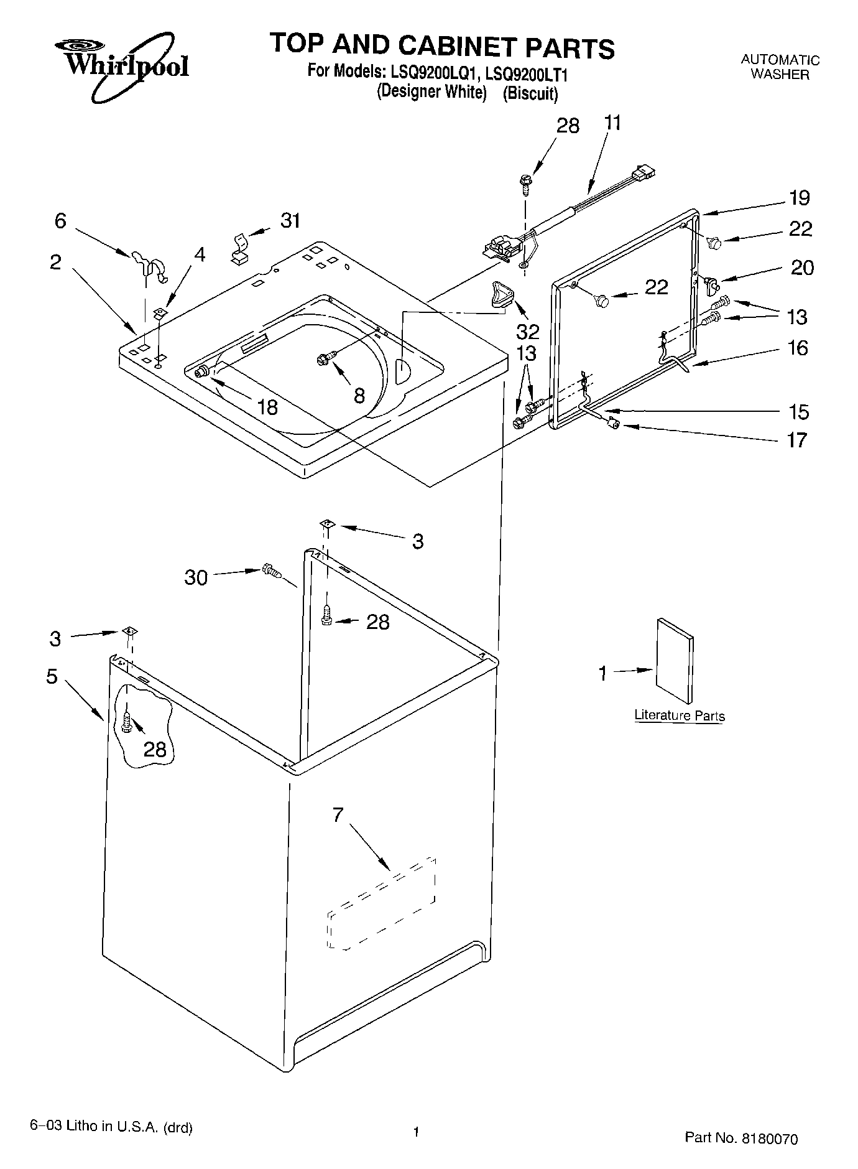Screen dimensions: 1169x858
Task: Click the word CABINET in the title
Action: click(x=458, y=47)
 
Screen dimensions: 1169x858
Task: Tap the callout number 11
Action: click(x=612, y=123)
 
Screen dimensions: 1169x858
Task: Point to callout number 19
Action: click(x=800, y=198)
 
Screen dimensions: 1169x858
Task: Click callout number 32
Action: click(x=527, y=330)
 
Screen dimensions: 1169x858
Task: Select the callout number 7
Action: click(x=338, y=814)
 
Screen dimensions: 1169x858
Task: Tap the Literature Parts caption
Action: click(x=679, y=715)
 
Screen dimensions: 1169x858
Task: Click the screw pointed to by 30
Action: click(x=272, y=569)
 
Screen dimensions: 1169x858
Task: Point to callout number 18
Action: click(x=267, y=407)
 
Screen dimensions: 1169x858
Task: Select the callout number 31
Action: click(x=290, y=220)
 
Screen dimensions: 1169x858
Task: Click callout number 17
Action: click(x=796, y=440)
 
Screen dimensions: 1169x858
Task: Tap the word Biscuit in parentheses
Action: click(x=530, y=93)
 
